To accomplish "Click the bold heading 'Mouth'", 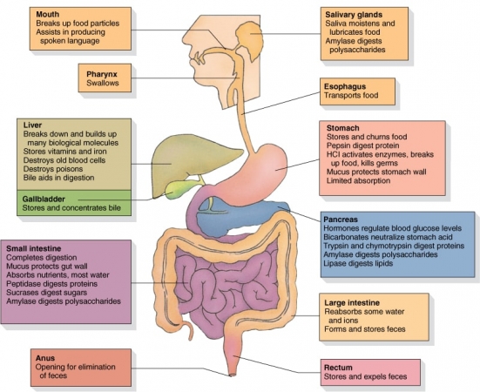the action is tap(47, 15).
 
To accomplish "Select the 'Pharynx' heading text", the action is tap(102, 74).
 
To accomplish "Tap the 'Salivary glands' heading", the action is tap(354, 15).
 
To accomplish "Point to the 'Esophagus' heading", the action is tap(345, 86).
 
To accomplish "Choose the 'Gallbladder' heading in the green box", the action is tap(44, 199).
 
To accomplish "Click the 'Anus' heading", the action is tap(45, 358).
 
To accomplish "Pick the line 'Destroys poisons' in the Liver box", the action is tap(53, 169).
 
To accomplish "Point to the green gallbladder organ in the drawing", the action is tap(179, 189).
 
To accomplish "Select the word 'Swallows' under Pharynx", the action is tap(103, 83).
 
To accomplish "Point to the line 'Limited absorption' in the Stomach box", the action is tap(358, 181).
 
